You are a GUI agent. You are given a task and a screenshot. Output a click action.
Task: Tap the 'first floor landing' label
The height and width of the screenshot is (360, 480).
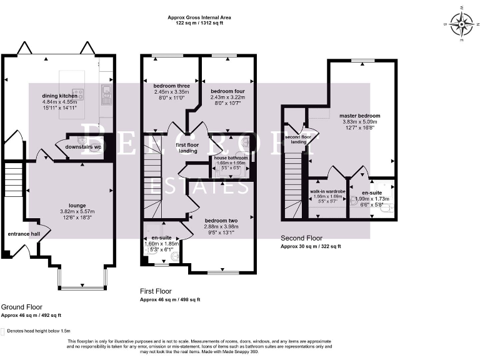(x=188, y=147)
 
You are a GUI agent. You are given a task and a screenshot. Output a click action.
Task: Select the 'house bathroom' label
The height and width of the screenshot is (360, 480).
(x=231, y=158)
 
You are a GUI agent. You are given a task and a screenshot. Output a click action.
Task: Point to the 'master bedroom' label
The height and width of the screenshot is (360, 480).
(x=359, y=116)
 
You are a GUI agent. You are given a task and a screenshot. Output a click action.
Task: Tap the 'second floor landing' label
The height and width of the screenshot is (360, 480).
(x=296, y=139)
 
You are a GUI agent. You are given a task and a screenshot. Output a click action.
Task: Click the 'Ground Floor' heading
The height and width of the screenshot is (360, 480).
(x=22, y=307)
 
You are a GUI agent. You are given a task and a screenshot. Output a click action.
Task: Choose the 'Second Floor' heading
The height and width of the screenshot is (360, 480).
(x=301, y=238)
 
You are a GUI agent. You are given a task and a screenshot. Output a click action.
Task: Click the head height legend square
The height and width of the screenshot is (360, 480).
(x=4, y=331)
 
